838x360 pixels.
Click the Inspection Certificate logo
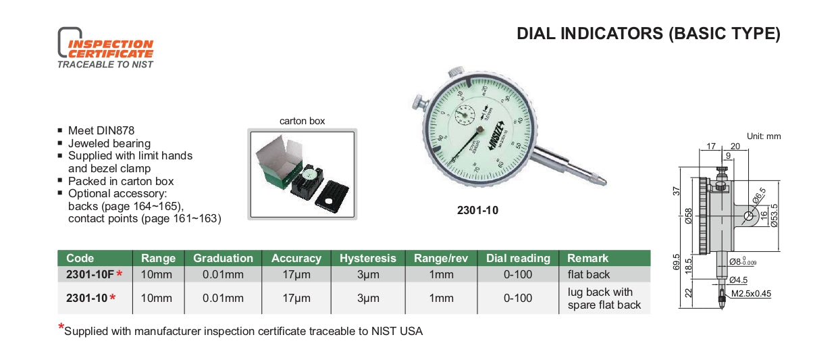tap(105, 48)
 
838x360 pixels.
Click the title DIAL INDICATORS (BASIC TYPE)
tap(648, 34)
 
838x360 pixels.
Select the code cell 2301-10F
tap(90, 274)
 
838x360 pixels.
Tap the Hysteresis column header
tap(367, 258)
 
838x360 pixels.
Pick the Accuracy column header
tap(296, 258)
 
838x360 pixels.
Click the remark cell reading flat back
tap(588, 274)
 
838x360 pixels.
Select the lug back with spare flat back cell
tap(604, 298)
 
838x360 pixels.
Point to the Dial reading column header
tap(518, 258)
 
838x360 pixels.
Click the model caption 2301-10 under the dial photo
tap(477, 210)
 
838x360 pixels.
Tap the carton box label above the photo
tap(302, 121)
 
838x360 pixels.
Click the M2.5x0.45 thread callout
tap(750, 293)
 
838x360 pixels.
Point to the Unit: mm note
tap(763, 136)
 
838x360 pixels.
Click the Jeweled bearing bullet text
tap(109, 143)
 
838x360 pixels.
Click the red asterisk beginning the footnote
tap(61, 328)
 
